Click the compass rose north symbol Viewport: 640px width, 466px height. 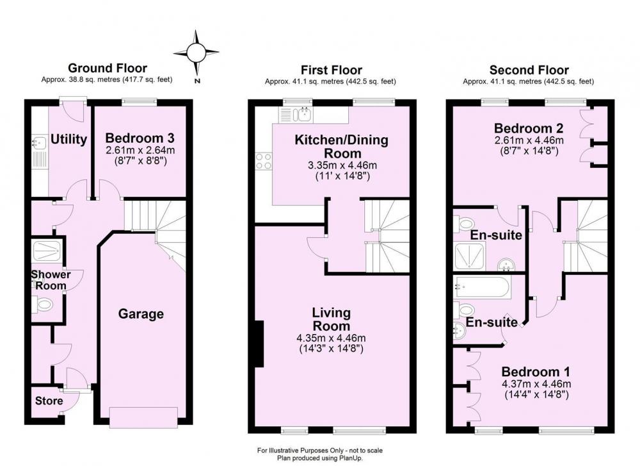pyautogui.click(x=196, y=53)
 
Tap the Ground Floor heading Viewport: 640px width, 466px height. pyautogui.click(x=108, y=68)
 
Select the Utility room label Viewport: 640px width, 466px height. pyautogui.click(x=68, y=139)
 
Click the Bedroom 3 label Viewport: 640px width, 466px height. pyautogui.click(x=140, y=138)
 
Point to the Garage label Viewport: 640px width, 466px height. pyautogui.click(x=141, y=314)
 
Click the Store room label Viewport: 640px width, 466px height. pyautogui.click(x=49, y=401)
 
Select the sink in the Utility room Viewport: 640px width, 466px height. pyautogui.click(x=38, y=143)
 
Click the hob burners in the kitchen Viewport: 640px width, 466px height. pyautogui.click(x=263, y=161)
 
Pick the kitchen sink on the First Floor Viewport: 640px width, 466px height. pyautogui.click(x=303, y=115)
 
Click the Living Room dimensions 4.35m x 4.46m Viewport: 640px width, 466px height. pyautogui.click(x=331, y=338)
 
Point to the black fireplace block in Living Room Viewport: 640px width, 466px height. pyautogui.click(x=259, y=344)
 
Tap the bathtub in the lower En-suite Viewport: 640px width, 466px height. pyautogui.click(x=482, y=287)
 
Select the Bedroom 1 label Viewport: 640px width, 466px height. pyautogui.click(x=536, y=372)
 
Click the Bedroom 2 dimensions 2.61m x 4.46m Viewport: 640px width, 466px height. pyautogui.click(x=529, y=140)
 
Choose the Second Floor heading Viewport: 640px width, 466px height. pyautogui.click(x=529, y=70)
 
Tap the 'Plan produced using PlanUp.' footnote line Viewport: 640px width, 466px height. pyautogui.click(x=320, y=458)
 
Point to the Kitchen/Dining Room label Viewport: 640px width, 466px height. pyautogui.click(x=342, y=147)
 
